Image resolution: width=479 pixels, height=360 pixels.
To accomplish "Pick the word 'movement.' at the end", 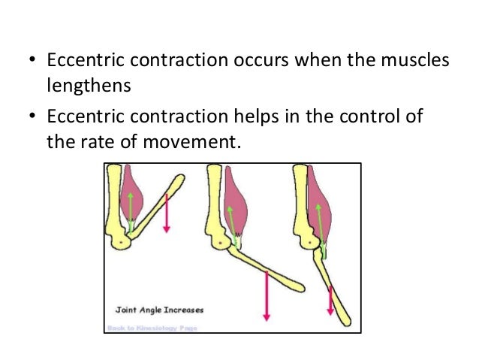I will click(203, 143).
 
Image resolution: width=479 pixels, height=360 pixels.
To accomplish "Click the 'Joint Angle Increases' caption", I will click(159, 308).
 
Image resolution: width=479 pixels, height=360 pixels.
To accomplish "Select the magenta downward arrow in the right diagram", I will click(330, 299).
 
